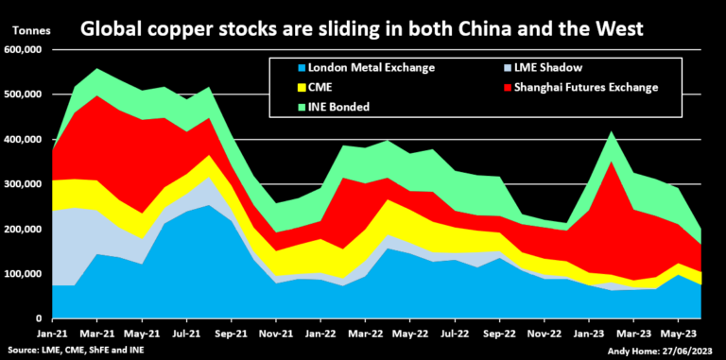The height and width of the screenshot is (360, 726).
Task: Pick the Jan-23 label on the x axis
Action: tap(594, 333)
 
